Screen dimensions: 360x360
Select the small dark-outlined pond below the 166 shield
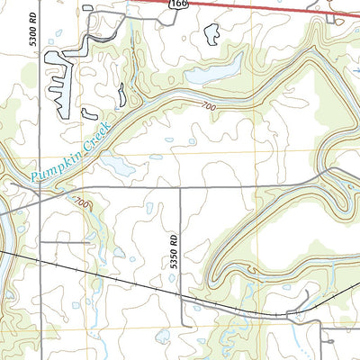tap(212, 34)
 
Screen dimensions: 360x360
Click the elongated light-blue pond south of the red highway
tap(220, 67)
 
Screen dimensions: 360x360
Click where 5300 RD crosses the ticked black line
tap(40, 258)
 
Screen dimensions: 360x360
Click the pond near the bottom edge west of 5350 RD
tap(162, 337)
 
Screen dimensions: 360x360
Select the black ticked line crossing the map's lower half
tap(108, 275)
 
